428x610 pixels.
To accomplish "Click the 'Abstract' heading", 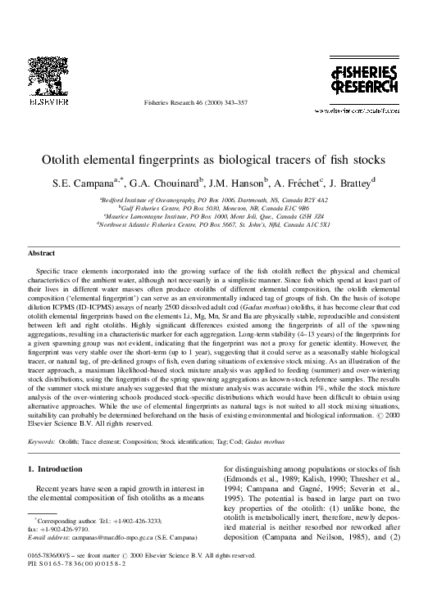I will pyautogui.click(x=42, y=255).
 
